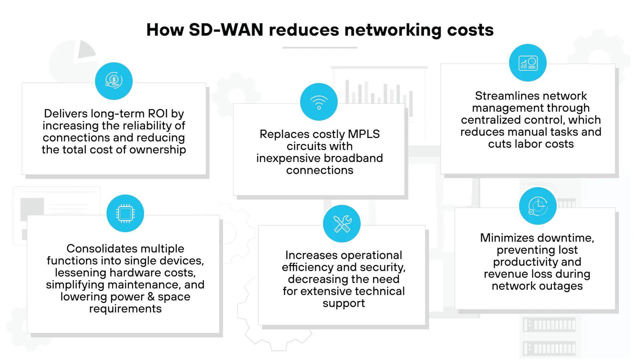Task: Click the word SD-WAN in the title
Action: pyautogui.click(x=226, y=30)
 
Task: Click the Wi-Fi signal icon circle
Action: pyautogui.click(x=319, y=102)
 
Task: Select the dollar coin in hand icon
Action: pyautogui.click(x=114, y=81)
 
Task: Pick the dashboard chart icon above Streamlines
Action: pyautogui.click(x=528, y=63)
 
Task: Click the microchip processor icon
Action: pyautogui.click(x=125, y=213)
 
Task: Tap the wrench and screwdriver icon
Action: pyautogui.click(x=342, y=224)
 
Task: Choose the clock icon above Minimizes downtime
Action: pyautogui.click(x=538, y=206)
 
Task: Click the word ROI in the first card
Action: pyautogui.click(x=158, y=114)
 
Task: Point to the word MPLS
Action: pyautogui.click(x=364, y=134)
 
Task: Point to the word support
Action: pyautogui.click(x=344, y=303)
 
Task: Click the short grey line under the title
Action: pyautogui.click(x=320, y=48)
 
